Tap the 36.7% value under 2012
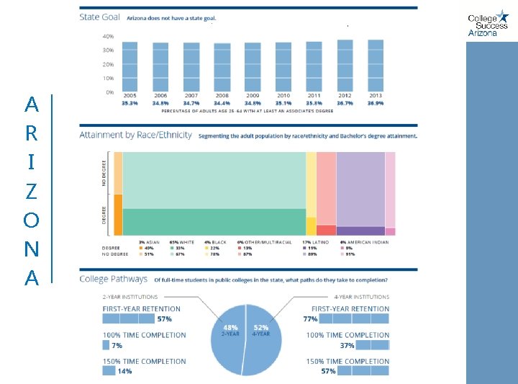point(345,103)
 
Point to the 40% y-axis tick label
point(107,36)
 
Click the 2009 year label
point(253,96)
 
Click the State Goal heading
point(100,17)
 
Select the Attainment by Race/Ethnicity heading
point(136,135)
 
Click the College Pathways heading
point(113,279)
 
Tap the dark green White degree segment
point(214,221)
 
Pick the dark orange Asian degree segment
point(118,215)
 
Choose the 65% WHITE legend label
point(181,242)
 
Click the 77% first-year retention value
point(310,318)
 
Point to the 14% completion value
point(124,372)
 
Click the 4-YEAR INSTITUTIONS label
point(361,296)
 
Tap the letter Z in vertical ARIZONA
point(31,191)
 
